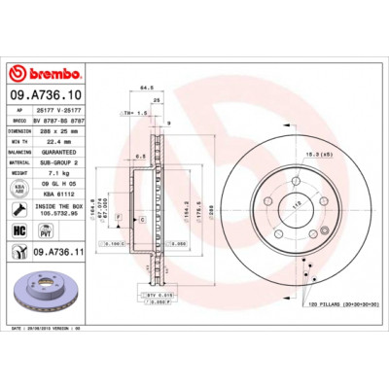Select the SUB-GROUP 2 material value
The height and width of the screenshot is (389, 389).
[69, 163]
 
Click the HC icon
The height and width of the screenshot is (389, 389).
[18, 230]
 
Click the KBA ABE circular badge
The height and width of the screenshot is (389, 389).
[18, 187]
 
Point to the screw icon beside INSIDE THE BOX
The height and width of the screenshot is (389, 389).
[18, 208]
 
